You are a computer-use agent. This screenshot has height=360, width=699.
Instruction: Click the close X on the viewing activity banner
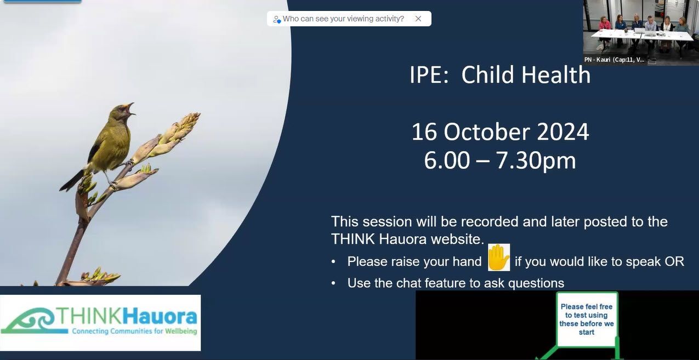coord(418,19)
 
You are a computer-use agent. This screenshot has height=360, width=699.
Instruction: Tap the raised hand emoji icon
coord(499,258)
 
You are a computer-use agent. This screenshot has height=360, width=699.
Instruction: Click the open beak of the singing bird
coord(130,108)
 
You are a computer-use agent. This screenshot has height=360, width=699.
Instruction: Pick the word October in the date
coord(486,132)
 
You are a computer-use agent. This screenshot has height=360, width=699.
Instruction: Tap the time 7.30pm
coord(536,161)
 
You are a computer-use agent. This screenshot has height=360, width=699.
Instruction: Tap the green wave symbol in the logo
coord(30,321)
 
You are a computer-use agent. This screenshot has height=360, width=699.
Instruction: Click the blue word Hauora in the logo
coord(160,316)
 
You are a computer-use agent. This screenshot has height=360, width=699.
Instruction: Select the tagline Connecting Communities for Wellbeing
coord(134,331)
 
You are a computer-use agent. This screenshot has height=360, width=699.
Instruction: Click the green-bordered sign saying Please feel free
coord(587,319)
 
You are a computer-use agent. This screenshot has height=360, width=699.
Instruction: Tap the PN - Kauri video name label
coord(615,60)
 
